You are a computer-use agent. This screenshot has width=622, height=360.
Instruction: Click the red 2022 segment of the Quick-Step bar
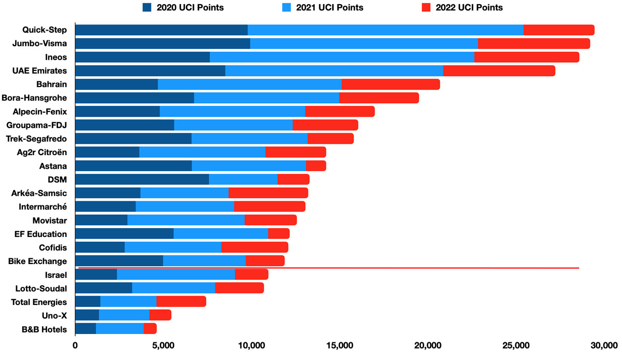pos(559,30)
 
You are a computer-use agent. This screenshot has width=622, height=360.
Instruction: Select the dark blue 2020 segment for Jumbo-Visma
pos(163,44)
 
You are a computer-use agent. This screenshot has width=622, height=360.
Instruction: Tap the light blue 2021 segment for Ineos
pos(342,57)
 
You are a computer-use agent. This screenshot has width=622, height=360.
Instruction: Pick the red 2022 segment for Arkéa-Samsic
pos(268,193)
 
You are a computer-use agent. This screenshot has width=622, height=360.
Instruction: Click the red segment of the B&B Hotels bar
pos(150,328)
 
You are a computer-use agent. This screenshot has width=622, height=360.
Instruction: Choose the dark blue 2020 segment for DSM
pos(142,179)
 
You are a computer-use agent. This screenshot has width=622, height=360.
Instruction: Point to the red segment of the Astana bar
pos(316,166)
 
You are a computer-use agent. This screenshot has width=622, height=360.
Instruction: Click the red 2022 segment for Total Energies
pos(181,301)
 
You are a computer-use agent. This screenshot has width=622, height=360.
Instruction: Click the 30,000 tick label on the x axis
pos(604,345)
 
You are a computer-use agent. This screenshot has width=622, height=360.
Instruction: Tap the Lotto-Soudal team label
pos(41,288)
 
